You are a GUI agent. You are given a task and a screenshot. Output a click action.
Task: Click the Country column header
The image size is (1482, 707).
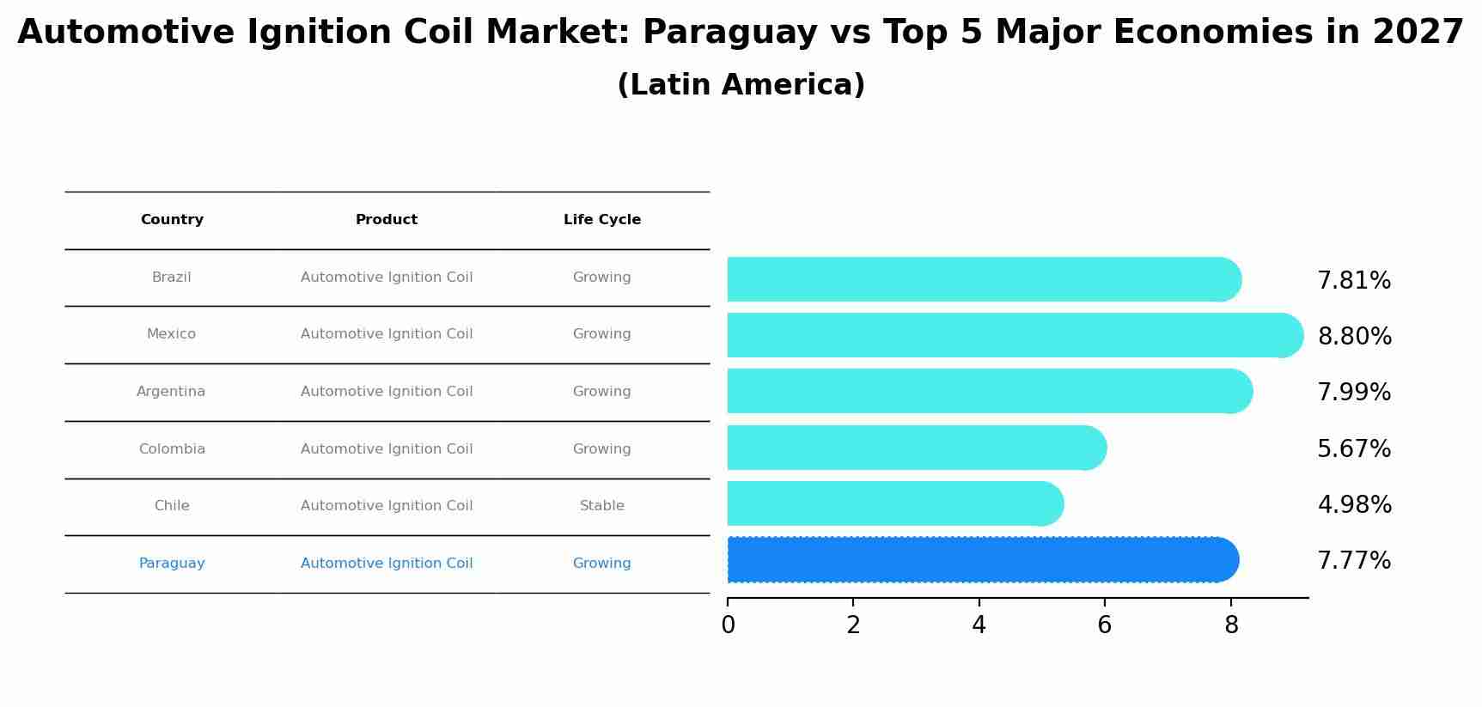click(172, 220)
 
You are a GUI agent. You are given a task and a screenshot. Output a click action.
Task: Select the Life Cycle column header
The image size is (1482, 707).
click(601, 220)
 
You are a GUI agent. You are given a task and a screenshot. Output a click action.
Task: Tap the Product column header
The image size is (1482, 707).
click(387, 220)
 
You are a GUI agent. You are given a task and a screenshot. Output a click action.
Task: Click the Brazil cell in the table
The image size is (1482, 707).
click(172, 277)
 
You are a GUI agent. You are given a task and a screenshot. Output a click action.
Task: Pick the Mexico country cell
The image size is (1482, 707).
click(171, 334)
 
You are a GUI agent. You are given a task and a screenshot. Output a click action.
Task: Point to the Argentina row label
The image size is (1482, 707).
click(171, 392)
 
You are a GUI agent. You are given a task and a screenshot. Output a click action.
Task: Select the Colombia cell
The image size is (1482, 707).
click(172, 449)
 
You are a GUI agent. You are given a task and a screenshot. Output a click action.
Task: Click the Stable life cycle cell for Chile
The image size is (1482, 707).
click(601, 506)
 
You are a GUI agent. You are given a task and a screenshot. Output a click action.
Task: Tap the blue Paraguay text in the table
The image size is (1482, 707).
click(172, 564)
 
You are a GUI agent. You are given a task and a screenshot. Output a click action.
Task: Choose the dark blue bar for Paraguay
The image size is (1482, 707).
click(979, 559)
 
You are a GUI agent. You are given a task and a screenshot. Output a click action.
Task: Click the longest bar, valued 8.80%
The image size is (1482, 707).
click(1014, 335)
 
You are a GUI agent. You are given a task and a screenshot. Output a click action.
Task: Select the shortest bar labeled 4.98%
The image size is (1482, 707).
click(893, 503)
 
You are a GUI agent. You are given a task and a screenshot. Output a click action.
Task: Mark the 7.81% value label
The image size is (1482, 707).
click(1354, 281)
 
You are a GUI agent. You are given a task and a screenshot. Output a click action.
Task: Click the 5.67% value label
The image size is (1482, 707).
click(1354, 449)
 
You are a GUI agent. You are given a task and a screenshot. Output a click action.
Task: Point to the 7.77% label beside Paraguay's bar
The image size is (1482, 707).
click(1354, 561)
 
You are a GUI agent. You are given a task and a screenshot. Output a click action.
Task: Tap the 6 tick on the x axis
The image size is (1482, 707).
click(1105, 625)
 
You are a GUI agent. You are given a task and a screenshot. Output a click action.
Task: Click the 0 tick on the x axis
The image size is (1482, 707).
click(729, 625)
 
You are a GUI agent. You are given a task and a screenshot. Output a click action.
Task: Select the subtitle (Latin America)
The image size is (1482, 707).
click(741, 85)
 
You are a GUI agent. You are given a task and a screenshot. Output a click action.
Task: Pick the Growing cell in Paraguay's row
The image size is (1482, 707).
click(601, 564)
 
